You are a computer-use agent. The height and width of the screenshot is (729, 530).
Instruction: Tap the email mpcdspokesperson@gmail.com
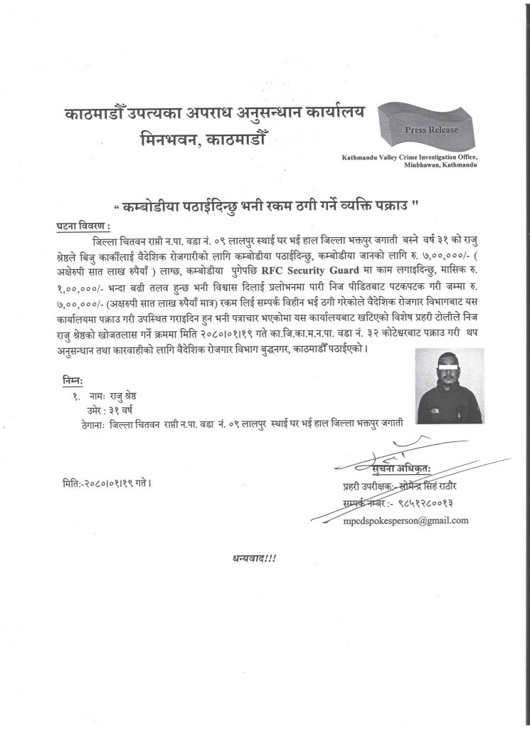pyautogui.click(x=406, y=520)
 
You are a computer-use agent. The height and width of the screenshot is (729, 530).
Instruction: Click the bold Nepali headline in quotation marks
pyautogui.click(x=266, y=206)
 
